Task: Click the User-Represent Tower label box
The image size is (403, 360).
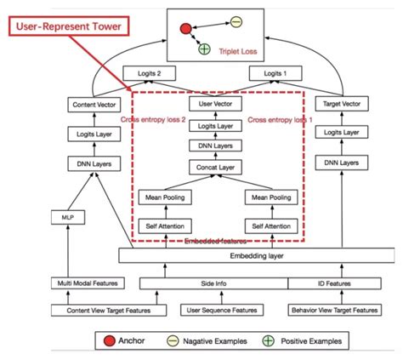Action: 69,26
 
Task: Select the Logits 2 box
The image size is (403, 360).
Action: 149,73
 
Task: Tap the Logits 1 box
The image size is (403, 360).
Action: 275,73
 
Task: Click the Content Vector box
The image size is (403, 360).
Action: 94,105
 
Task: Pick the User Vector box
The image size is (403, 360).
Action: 215,104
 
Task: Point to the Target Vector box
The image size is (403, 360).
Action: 342,104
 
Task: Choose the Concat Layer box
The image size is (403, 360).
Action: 215,168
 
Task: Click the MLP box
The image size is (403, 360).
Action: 68,218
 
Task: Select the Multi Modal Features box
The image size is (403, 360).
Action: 88,283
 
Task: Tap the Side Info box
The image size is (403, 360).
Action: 213,283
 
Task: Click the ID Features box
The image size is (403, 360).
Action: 334,283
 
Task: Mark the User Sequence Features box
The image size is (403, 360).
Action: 222,310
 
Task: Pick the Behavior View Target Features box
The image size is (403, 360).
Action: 335,310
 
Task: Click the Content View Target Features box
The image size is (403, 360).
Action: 109,311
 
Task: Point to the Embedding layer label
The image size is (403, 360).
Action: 257,256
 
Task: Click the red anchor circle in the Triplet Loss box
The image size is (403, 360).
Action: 185,29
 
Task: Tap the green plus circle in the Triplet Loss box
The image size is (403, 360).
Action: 204,49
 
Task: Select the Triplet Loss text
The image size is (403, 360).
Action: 238,52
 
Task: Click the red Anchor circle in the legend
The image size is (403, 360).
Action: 110,341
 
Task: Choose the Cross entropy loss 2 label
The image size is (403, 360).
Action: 153,120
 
